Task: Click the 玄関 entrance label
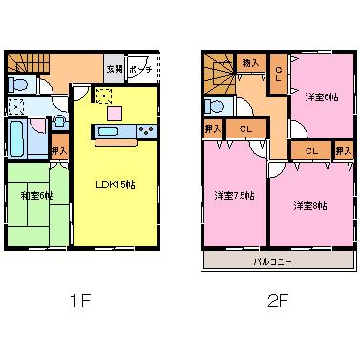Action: pyautogui.click(x=114, y=71)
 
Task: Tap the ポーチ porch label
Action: pyautogui.click(x=139, y=71)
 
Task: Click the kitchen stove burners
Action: pyautogui.click(x=147, y=131)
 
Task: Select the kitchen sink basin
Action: pyautogui.click(x=108, y=131)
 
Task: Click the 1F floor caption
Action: pyautogui.click(x=78, y=302)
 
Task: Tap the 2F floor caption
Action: pyautogui.click(x=276, y=302)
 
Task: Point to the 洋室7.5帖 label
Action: pyautogui.click(x=234, y=195)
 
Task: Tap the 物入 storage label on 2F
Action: pyautogui.click(x=251, y=62)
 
